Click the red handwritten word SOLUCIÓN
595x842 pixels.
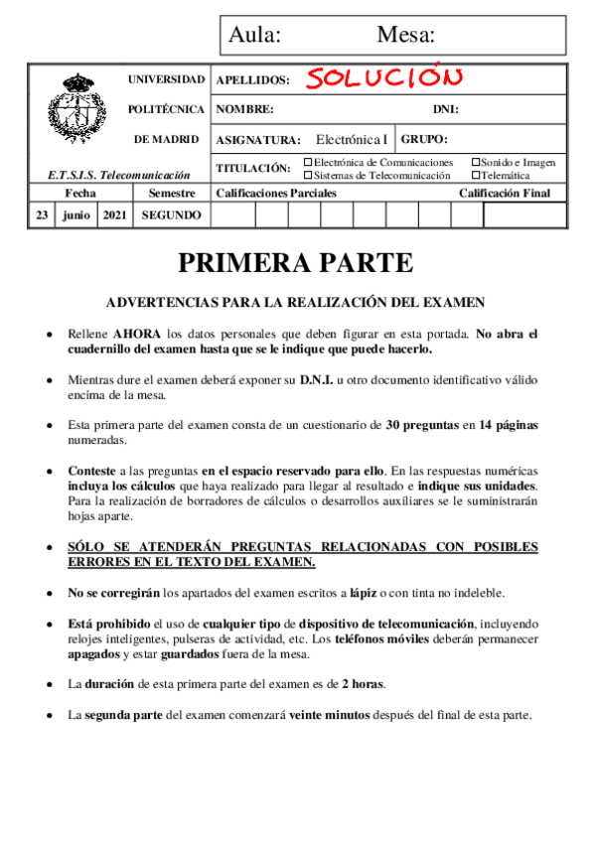click(x=383, y=77)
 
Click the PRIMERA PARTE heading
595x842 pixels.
click(x=295, y=262)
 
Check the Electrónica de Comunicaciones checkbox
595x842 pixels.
click(x=308, y=162)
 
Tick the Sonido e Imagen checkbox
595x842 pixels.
click(x=476, y=162)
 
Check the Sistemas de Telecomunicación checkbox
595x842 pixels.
click(x=308, y=175)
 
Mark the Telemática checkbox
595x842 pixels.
click(x=476, y=175)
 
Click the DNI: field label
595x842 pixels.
click(x=445, y=109)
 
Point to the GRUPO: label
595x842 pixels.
click(x=424, y=139)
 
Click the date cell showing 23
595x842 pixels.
click(x=42, y=214)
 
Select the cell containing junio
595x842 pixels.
click(x=75, y=214)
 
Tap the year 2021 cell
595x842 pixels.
click(x=113, y=214)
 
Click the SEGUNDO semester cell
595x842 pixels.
click(x=172, y=214)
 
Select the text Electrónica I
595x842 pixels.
click(x=353, y=139)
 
